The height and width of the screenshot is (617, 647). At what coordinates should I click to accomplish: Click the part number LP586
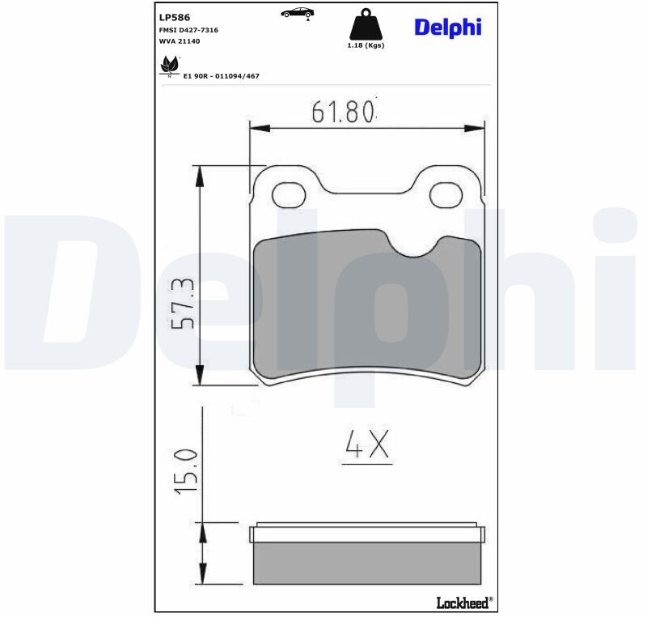[x=175, y=17]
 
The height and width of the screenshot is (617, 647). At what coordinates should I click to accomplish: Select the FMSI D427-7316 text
[x=188, y=30]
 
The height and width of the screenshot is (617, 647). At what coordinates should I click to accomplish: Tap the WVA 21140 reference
[x=180, y=41]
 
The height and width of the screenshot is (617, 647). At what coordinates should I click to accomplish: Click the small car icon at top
[x=297, y=13]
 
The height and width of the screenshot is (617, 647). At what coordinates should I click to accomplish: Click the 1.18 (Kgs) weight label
[x=366, y=45]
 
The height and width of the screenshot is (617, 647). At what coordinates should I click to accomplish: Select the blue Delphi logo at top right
[x=448, y=28]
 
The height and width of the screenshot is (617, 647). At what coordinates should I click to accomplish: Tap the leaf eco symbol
[x=170, y=66]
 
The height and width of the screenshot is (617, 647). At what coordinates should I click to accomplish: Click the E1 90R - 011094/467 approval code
[x=221, y=76]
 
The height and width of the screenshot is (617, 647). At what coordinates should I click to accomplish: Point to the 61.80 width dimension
[x=343, y=112]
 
